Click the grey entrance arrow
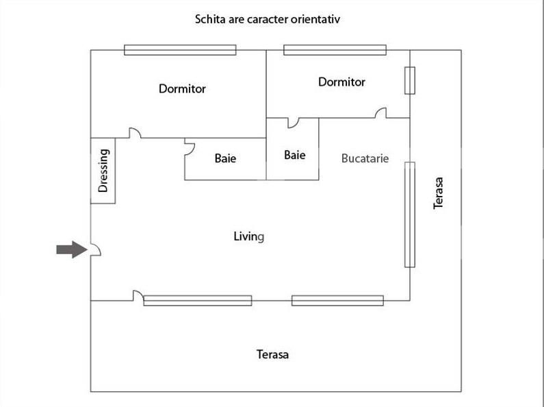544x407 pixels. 72,249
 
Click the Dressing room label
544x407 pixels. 103,171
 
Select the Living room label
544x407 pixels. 249,237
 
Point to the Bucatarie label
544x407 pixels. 365,158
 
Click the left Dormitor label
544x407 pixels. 182,88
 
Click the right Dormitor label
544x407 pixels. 341,82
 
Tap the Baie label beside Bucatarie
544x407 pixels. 294,155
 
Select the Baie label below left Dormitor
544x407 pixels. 225,158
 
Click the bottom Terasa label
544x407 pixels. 272,354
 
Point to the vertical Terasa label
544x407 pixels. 438,193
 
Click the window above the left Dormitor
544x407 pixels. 180,50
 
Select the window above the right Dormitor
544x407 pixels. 335,50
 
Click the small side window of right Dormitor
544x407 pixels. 410,81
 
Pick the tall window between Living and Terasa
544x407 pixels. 410,214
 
